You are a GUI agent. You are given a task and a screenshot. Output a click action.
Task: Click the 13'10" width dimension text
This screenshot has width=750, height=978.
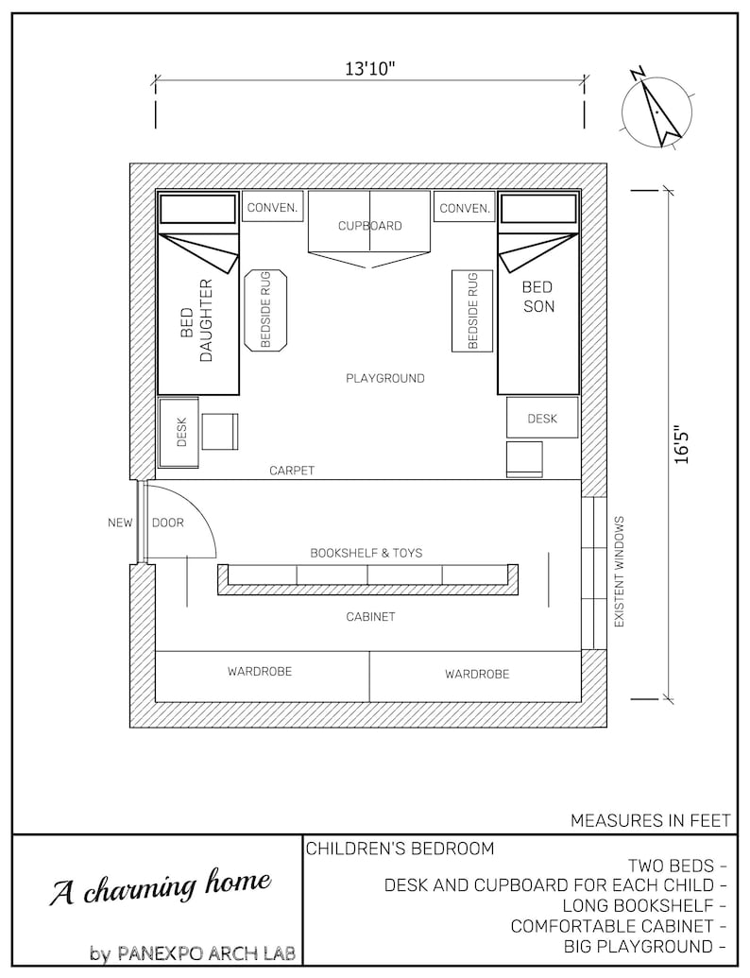[369, 69]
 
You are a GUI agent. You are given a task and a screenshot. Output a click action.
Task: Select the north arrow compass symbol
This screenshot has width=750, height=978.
[657, 110]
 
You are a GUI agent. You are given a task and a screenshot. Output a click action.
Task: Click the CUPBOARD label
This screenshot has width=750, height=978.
[370, 226]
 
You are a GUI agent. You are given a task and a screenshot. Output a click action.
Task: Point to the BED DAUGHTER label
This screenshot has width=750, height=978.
[197, 320]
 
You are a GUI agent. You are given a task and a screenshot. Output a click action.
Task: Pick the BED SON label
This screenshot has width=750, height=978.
[537, 296]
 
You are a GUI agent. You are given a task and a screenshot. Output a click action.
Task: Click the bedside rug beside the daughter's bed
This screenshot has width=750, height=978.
[265, 310]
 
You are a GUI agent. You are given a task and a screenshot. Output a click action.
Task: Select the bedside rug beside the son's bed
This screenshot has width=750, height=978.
[472, 310]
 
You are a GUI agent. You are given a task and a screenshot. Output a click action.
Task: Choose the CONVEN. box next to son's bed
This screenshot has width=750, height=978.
[465, 208]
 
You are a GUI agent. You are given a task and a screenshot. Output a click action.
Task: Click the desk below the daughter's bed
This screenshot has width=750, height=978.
[179, 432]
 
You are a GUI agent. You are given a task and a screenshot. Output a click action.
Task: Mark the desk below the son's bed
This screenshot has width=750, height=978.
[542, 418]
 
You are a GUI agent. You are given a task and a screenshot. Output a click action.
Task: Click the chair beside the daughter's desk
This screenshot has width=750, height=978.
[220, 431]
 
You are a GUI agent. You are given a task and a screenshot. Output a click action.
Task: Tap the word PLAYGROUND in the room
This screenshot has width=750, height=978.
[385, 378]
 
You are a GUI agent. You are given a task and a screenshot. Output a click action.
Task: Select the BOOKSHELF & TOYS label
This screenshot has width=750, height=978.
[366, 552]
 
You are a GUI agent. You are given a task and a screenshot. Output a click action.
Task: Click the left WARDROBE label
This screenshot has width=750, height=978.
[260, 672]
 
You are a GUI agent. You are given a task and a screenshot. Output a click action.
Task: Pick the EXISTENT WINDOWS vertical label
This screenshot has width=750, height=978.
[620, 572]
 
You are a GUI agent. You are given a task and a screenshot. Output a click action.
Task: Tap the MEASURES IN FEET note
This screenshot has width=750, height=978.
[650, 820]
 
